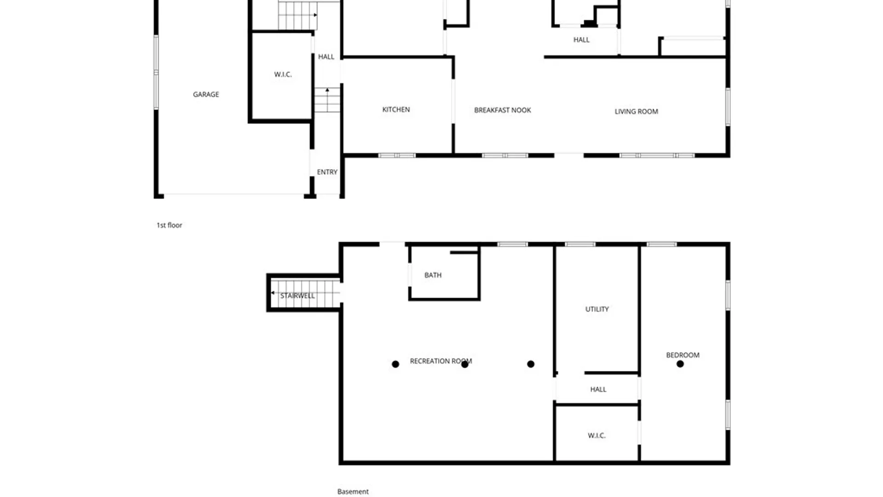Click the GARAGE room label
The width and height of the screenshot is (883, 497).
pos(206,94)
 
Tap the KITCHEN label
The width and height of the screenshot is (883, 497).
pos(396,110)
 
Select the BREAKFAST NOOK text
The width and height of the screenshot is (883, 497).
pos(502,110)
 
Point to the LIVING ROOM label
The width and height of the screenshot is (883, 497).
pos(636,111)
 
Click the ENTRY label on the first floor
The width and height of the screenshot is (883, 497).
pos(327,172)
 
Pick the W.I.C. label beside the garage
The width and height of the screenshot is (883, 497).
pos(283,75)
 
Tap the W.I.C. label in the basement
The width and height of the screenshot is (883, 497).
pos(596,435)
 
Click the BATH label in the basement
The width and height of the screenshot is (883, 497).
pos(433,275)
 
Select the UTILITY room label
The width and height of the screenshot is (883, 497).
pos(597,309)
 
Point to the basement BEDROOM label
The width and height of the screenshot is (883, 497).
pos(682,355)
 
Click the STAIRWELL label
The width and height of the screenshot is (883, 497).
pos(298,296)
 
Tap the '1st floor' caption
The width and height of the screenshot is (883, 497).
pos(169,225)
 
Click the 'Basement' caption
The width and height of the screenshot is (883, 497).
pos(353,491)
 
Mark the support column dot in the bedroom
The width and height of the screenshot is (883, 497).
pos(680,364)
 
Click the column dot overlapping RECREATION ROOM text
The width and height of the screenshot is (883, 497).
pos(464,364)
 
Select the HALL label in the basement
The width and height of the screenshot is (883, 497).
pos(598,389)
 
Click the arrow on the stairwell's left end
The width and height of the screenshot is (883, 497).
pos(273,293)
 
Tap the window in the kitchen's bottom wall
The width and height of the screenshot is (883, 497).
pos(397,156)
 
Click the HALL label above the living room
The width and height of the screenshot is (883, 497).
pos(581,40)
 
